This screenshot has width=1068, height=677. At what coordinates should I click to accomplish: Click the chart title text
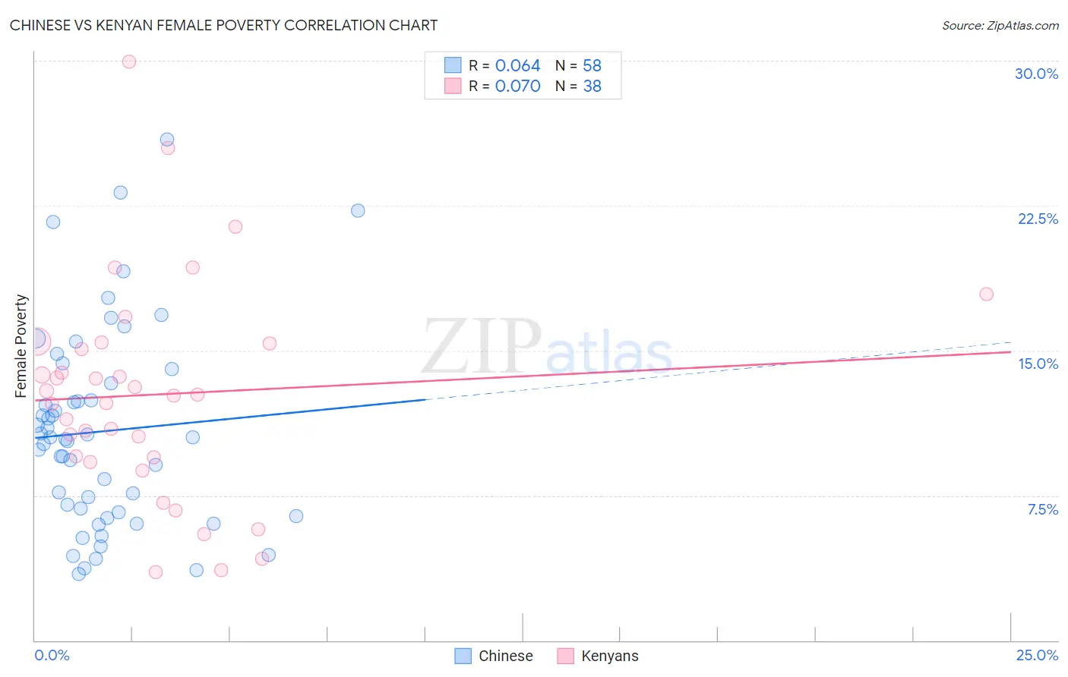point(223,25)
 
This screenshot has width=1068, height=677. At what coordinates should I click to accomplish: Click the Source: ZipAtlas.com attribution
point(1000,26)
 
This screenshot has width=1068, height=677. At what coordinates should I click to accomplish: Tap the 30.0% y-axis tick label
point(1036,74)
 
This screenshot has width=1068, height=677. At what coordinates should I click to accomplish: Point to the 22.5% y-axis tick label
point(1038,219)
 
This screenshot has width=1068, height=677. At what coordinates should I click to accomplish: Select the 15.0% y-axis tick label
point(1038,364)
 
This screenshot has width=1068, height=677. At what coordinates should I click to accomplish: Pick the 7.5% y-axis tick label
point(1042,509)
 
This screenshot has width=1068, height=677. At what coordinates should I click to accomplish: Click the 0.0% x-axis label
point(52,655)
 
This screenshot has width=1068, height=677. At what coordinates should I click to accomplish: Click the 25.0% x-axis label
point(1037,655)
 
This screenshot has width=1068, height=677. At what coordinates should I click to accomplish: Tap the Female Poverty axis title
point(21,346)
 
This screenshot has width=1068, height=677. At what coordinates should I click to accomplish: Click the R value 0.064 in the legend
point(517,66)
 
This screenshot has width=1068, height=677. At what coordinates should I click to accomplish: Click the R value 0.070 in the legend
point(517,87)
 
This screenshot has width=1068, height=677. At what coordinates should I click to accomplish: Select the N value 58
point(592,66)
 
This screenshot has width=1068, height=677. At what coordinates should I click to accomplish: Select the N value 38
point(592,87)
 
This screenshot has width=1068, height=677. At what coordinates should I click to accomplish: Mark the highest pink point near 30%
point(129,61)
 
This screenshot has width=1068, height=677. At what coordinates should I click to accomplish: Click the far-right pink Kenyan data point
point(986,294)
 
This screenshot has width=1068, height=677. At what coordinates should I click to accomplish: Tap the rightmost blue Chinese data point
point(358,210)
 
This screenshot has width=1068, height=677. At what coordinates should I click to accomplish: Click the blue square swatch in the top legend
point(453,65)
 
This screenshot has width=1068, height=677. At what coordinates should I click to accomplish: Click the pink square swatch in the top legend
point(453,86)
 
